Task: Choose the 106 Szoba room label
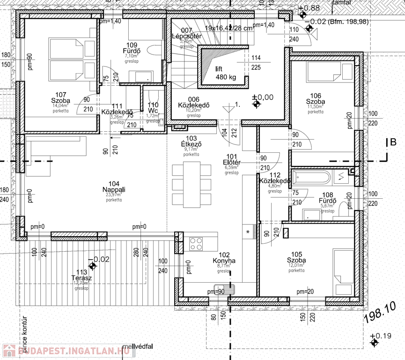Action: pos(315,101)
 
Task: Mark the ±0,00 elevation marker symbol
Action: pos(256,105)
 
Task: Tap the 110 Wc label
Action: pos(153,108)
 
